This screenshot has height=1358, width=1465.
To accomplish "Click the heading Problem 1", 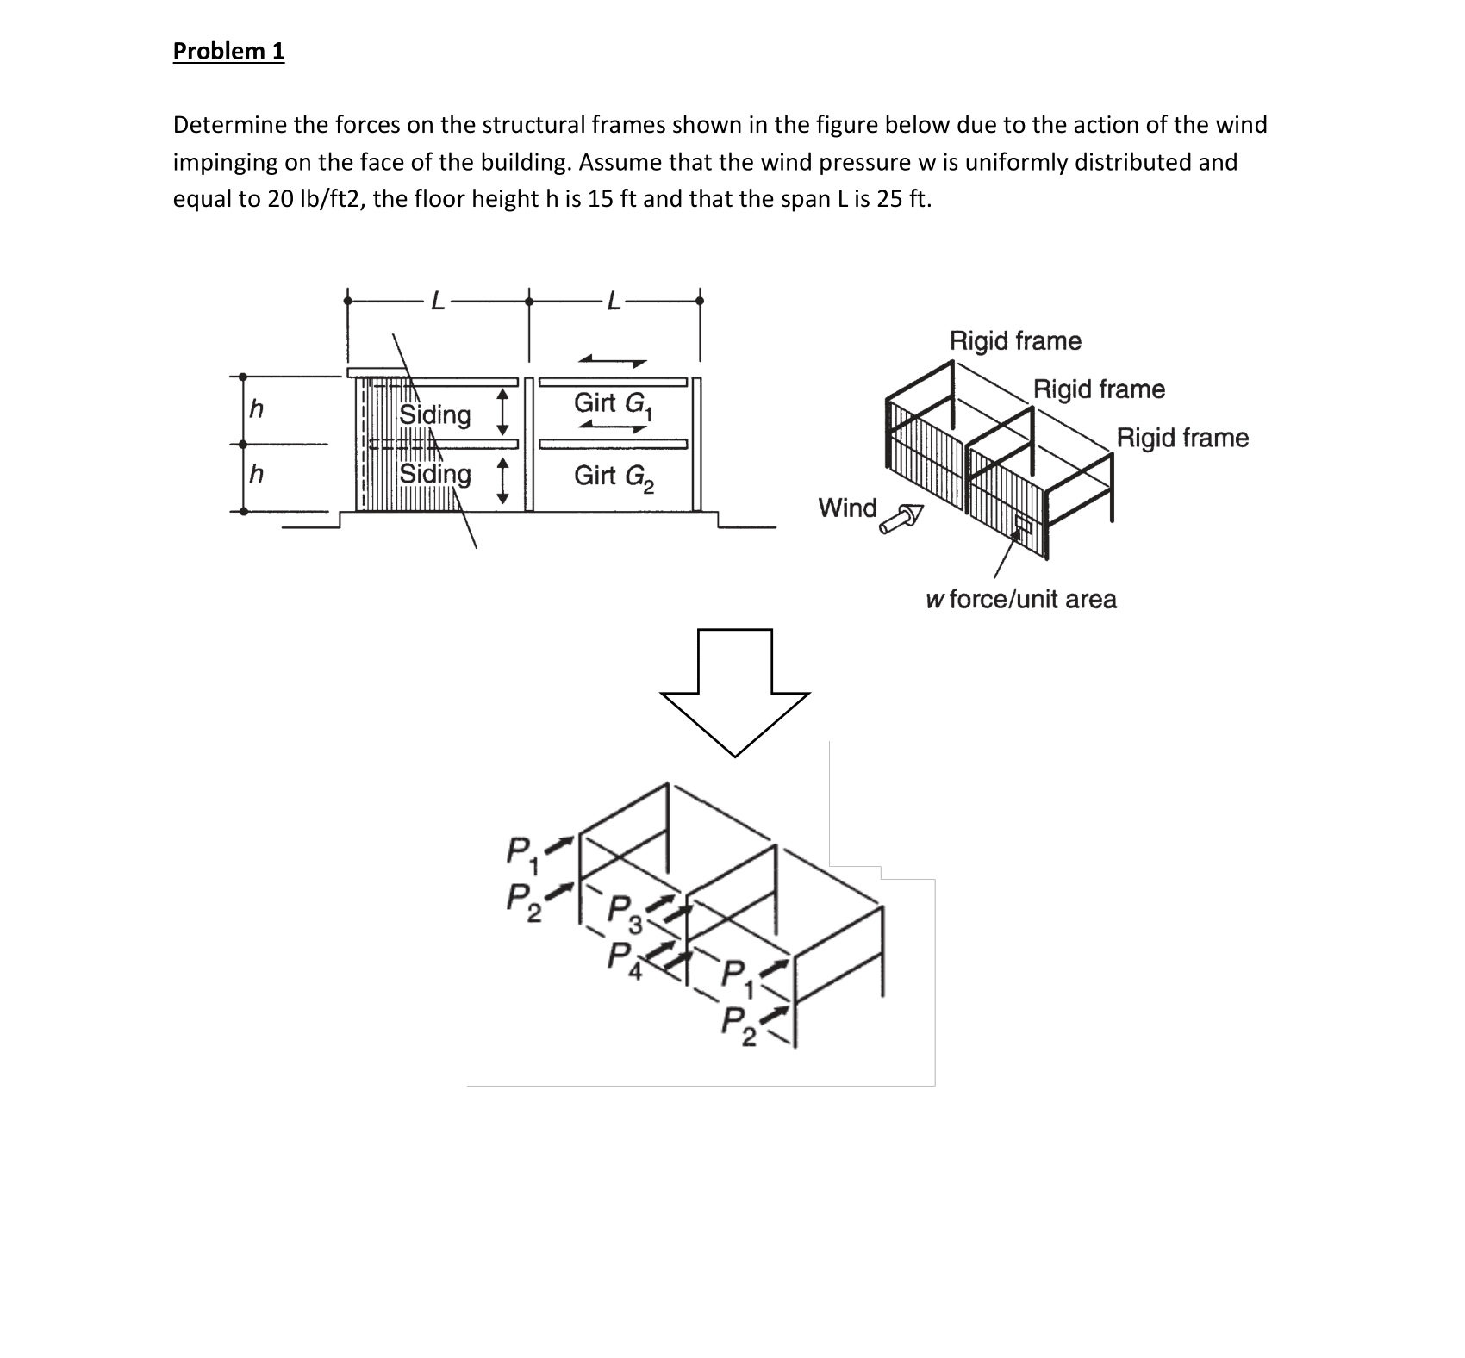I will (228, 51).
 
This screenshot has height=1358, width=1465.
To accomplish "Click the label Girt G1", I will (613, 403).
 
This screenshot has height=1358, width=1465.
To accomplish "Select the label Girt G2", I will (613, 475).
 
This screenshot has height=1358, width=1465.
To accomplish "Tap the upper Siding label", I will (434, 414).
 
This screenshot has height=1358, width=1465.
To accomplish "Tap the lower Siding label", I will (434, 474).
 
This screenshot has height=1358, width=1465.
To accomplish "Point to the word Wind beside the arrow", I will (847, 508).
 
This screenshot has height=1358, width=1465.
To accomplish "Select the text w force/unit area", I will (1020, 599).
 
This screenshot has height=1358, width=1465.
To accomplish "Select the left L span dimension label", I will (438, 301).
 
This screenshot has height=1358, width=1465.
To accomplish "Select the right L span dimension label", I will (613, 301).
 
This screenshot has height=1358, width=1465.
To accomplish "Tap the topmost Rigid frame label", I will (1015, 340).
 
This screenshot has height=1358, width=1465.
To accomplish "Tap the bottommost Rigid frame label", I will (1182, 438).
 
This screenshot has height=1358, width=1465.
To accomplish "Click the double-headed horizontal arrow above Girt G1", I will (613, 360).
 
